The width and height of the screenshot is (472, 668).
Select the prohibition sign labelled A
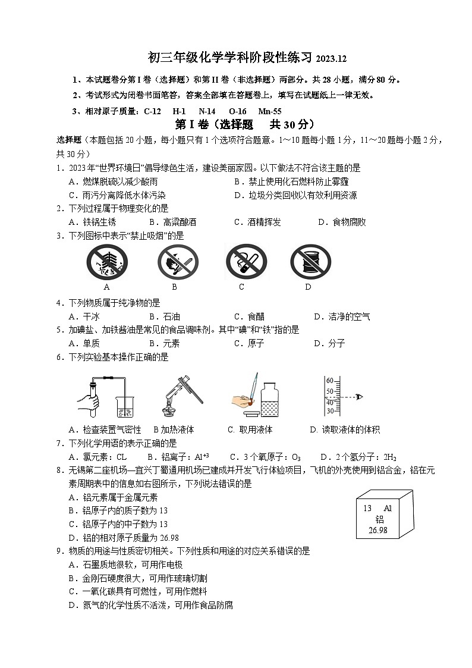(x=106, y=262)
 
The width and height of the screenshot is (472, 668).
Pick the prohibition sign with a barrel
(x=310, y=262)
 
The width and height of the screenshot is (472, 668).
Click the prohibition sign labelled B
(x=177, y=262)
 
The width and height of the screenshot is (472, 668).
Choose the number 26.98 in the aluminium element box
(x=377, y=530)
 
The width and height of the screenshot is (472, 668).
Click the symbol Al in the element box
(x=388, y=509)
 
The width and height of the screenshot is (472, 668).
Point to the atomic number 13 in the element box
(x=367, y=509)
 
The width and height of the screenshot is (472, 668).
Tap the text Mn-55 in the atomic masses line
(x=270, y=111)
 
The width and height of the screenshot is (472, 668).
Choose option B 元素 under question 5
(x=165, y=344)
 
